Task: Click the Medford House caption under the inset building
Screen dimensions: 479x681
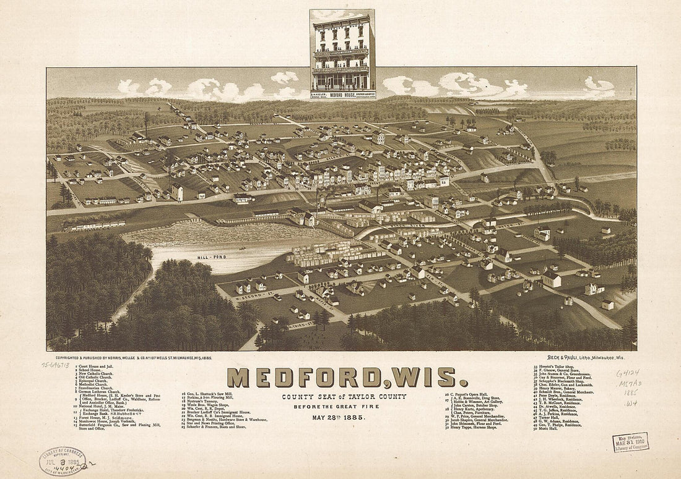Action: tap(342, 95)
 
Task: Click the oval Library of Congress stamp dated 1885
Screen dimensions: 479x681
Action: tap(63, 460)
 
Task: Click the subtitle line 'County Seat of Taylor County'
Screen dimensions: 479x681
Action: tap(344, 396)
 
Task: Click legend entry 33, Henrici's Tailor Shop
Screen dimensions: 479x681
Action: tap(553, 367)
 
